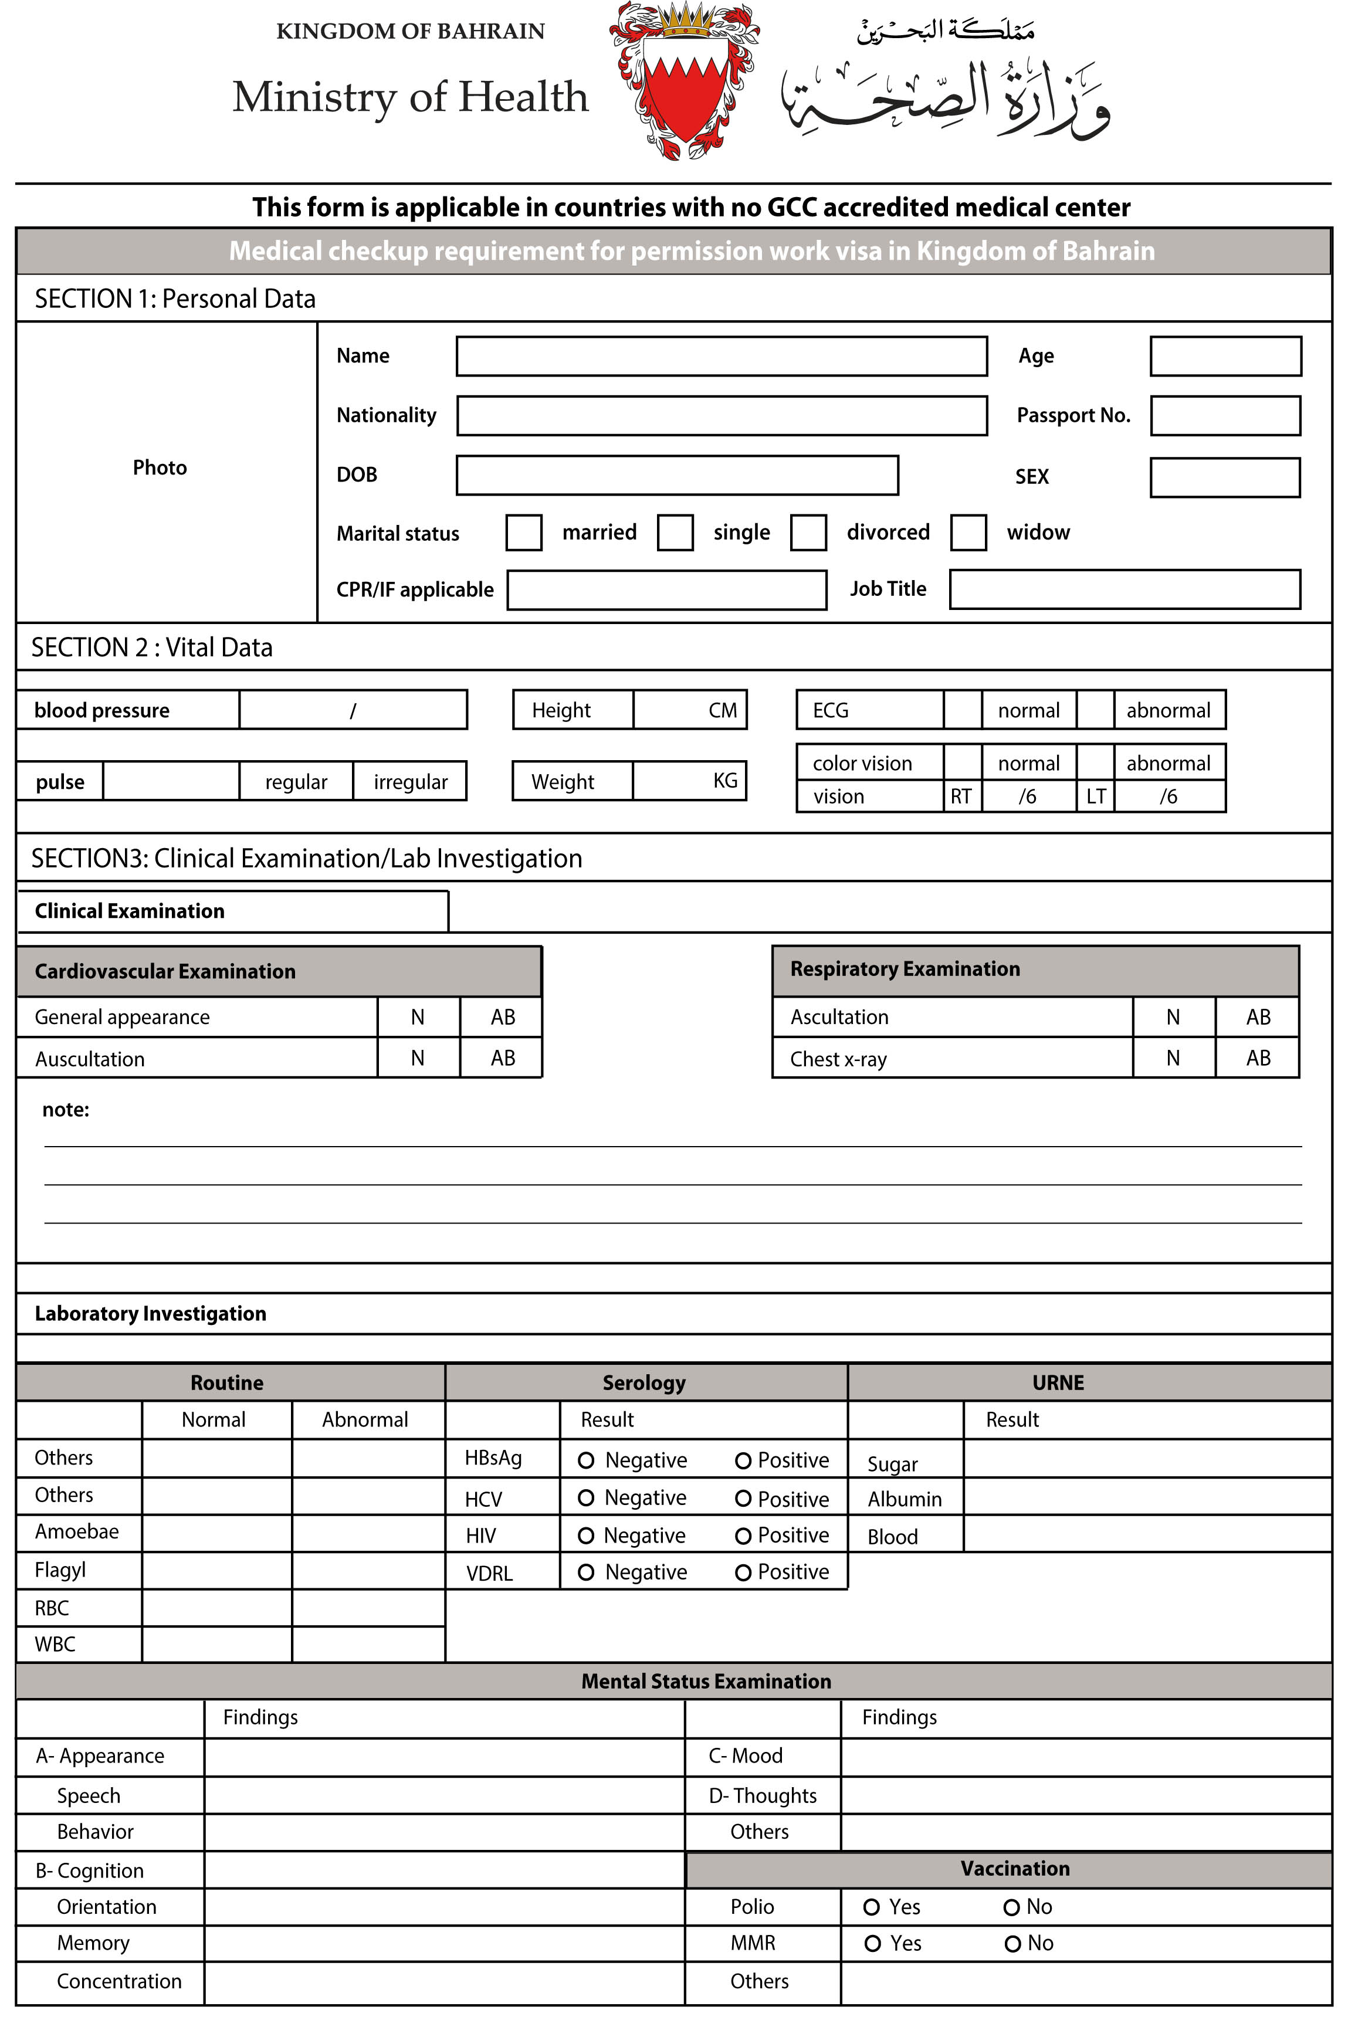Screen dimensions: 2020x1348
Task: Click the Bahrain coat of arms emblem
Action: (x=685, y=82)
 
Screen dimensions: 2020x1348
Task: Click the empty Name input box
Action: (x=722, y=356)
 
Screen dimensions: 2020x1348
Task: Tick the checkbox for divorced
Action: (x=808, y=533)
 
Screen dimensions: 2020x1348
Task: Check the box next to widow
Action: (x=968, y=533)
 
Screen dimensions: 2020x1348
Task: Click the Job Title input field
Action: (x=1125, y=589)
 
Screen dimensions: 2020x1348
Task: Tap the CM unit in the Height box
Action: (x=722, y=711)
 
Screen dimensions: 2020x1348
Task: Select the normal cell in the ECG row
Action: (x=1028, y=711)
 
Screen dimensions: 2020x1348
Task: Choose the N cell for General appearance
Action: (x=418, y=1018)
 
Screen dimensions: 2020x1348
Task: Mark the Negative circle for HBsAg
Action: (x=587, y=1460)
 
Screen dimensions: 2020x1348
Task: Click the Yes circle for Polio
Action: (x=871, y=1907)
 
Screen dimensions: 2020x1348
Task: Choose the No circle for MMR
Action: (x=1012, y=1944)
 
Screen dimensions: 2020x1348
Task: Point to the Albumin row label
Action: (x=905, y=1499)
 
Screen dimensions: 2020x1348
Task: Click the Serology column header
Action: (x=644, y=1383)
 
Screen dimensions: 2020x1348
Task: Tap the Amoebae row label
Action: (x=76, y=1532)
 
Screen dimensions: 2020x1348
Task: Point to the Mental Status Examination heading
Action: (x=706, y=1682)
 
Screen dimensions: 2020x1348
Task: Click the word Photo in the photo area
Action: (x=160, y=467)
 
